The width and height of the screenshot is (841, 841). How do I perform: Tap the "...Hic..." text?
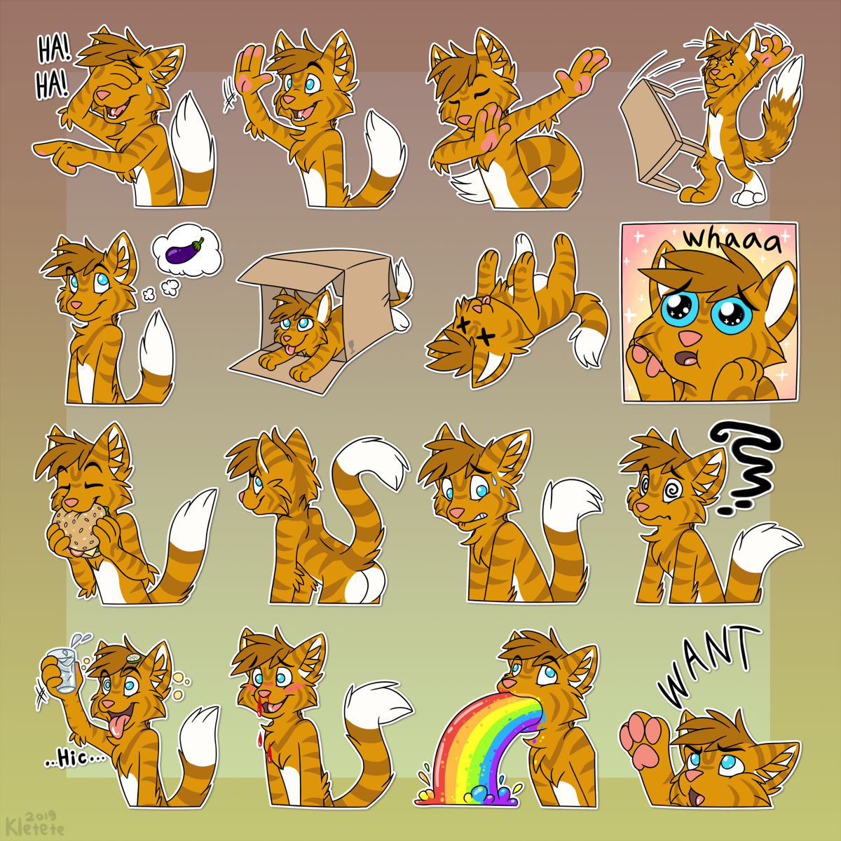(x=75, y=760)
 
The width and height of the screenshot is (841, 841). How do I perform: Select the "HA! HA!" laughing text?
(x=53, y=67)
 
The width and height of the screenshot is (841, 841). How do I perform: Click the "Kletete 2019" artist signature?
(x=35, y=822)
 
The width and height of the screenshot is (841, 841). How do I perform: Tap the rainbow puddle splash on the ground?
(x=469, y=796)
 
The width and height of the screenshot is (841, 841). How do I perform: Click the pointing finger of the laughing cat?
(x=49, y=149)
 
